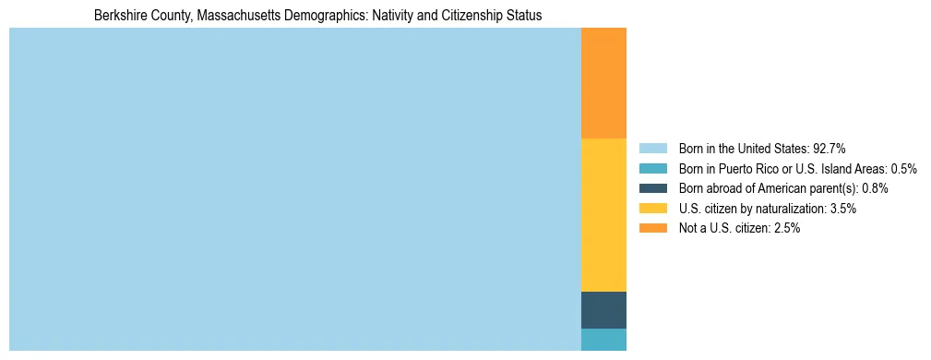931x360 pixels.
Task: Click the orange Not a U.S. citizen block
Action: [603, 83]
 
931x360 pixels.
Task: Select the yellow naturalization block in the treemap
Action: [603, 215]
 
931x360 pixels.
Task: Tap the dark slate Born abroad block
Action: [603, 310]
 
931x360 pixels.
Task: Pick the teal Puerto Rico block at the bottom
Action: [603, 340]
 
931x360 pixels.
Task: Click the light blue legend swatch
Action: [652, 148]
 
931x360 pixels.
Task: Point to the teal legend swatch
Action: [652, 168]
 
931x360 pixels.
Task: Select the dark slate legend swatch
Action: [652, 188]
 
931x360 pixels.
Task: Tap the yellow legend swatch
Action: [652, 209]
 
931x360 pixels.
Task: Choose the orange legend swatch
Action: [652, 229]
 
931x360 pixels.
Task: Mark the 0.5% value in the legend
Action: [903, 168]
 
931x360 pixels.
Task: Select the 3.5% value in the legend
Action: [842, 209]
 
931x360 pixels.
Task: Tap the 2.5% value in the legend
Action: [786, 229]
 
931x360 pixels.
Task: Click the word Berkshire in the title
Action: [118, 16]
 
